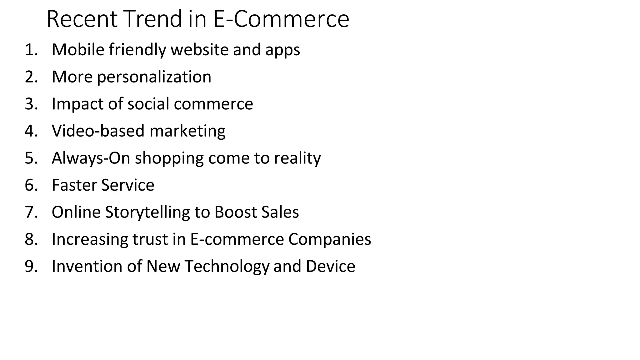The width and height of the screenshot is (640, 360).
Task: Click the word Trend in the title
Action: pyautogui.click(x=153, y=19)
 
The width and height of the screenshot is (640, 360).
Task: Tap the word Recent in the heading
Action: pyautogui.click(x=82, y=19)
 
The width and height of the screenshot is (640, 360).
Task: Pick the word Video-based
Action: pyautogui.click(x=98, y=131)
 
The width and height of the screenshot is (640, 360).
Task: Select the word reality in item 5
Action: pyautogui.click(x=297, y=158)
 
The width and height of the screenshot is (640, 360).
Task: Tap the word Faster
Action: pyautogui.click(x=74, y=185)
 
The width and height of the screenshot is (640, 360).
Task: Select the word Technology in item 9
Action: pyautogui.click(x=227, y=267)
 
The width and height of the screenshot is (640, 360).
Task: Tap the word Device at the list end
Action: pyautogui.click(x=330, y=266)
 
